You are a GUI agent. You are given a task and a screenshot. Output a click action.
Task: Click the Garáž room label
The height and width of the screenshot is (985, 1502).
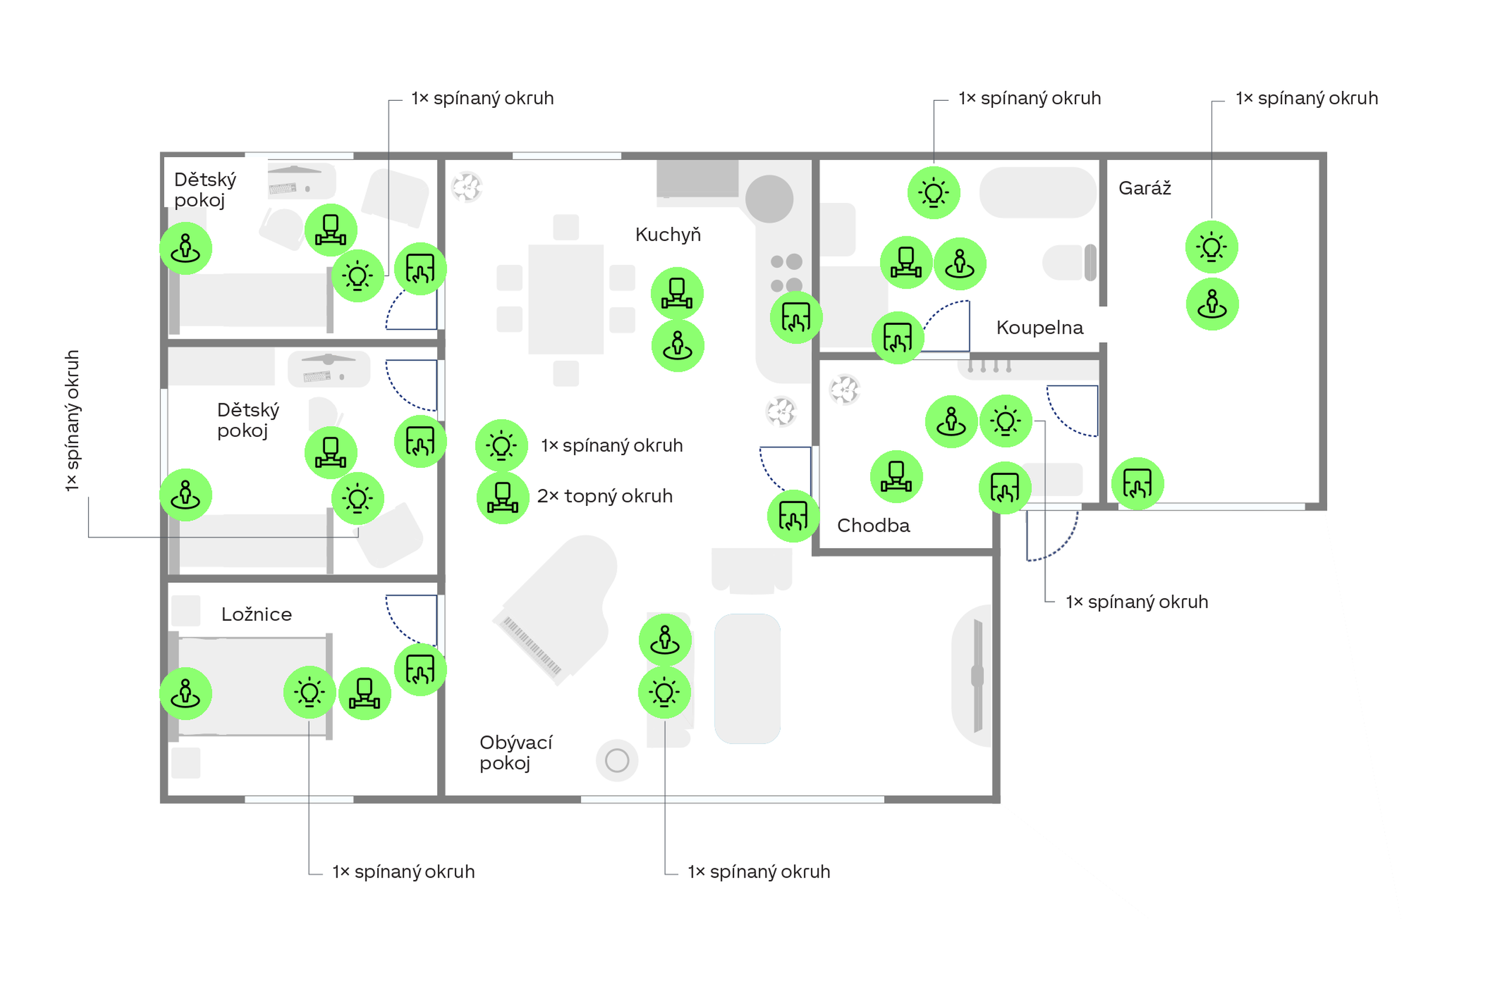pos(1144,188)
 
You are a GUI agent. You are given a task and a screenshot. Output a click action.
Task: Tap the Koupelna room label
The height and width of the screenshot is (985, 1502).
pos(1040,327)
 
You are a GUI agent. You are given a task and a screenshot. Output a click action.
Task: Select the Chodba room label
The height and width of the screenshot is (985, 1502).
pos(874,525)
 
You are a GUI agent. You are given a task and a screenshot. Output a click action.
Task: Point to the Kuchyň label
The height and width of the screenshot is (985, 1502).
pos(668,234)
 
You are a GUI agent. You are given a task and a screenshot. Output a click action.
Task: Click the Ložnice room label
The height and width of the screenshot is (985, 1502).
pos(256,614)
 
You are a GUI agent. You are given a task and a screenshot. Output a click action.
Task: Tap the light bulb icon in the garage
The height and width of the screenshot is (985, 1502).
pos(1212,247)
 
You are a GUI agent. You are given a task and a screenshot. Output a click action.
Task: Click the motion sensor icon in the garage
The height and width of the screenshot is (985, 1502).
pos(1212,304)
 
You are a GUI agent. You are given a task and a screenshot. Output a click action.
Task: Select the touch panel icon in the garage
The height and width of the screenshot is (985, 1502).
pos(1137,484)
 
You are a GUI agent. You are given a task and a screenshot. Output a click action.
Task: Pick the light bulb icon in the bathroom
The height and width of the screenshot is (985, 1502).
pos(934,192)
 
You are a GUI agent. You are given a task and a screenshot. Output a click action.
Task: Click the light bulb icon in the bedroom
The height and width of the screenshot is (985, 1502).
pos(309,692)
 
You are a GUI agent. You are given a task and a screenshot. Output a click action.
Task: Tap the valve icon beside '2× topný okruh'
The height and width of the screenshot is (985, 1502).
pos(502,498)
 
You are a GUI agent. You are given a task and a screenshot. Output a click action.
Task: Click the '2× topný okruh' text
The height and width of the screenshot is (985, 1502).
pos(604,496)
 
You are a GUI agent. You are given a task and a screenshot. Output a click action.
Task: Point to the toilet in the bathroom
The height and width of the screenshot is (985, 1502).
pos(1069,262)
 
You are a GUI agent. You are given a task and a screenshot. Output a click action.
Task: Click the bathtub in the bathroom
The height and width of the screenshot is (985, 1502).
pos(1038,192)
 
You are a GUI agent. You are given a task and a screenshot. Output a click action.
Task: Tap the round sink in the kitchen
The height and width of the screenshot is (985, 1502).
pos(769,199)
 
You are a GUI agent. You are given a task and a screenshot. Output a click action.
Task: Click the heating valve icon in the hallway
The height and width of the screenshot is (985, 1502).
pos(896,476)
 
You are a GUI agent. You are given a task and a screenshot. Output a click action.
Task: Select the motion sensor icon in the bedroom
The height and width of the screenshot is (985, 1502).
pos(185,693)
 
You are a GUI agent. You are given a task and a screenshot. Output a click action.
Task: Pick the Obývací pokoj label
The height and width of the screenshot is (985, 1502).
pos(516,752)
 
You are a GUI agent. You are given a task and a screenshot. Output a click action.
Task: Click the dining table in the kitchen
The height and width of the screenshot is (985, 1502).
pos(566,300)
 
